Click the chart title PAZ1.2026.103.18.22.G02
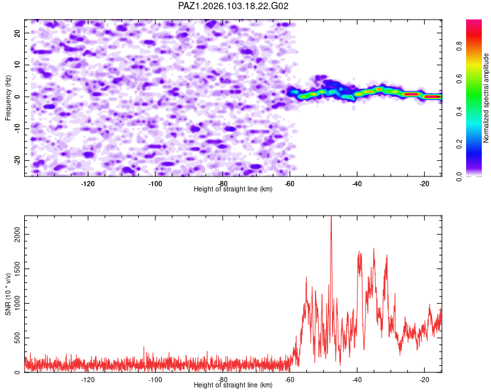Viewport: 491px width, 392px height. (233, 6)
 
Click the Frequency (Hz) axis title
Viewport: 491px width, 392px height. (8, 98)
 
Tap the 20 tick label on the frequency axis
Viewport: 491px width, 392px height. (17, 33)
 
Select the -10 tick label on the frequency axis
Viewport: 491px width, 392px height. (17, 128)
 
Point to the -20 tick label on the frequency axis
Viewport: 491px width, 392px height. (17, 160)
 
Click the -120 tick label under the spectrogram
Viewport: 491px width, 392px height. (88, 184)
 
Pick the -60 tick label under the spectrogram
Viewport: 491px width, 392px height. (289, 184)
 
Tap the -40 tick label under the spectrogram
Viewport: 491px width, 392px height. (357, 184)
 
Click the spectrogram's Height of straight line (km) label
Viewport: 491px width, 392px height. (233, 189)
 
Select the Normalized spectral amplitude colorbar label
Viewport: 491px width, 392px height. (486, 98)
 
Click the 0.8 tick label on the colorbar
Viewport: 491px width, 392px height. (460, 46)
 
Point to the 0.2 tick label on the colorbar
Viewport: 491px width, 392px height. (460, 144)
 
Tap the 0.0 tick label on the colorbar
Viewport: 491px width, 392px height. (460, 176)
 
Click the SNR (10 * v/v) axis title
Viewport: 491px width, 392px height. (8, 294)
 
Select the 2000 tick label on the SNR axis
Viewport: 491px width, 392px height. (17, 234)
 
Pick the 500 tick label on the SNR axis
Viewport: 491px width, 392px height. (17, 338)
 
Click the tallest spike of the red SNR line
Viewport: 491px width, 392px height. (331, 217)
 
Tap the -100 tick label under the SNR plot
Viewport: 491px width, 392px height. (155, 380)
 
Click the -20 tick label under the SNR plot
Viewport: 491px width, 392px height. (424, 380)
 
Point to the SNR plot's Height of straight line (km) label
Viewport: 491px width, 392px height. (233, 385)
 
